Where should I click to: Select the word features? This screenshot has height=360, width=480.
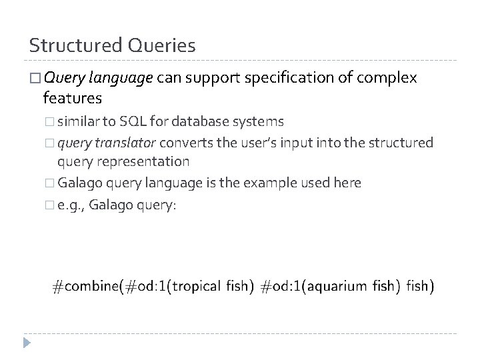pyautogui.click(x=72, y=99)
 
